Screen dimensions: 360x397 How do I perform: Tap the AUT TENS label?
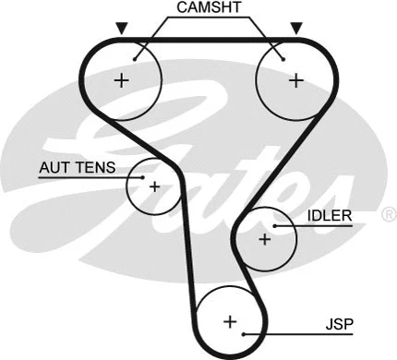(77, 168)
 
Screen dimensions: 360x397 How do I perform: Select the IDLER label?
(329, 217)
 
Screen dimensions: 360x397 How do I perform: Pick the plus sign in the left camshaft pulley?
(122, 80)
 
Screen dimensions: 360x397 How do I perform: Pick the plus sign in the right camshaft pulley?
(295, 80)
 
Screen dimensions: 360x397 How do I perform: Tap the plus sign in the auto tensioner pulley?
(154, 186)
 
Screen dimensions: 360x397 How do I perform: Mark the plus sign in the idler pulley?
(264, 239)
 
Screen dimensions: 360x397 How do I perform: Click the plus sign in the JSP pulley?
(230, 322)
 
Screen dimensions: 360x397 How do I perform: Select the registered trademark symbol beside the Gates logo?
(389, 214)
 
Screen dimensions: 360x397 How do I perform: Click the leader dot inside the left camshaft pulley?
(136, 58)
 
